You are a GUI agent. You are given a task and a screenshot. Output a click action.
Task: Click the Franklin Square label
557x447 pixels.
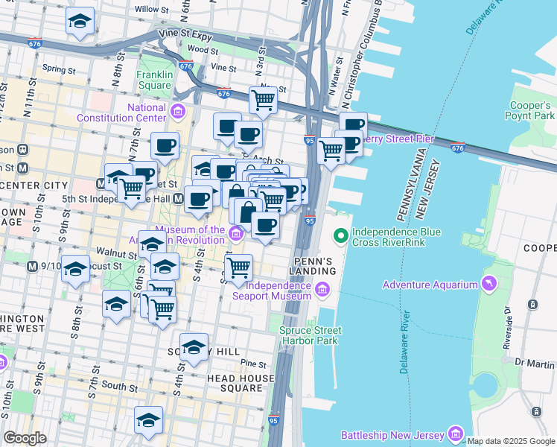(x=155, y=80)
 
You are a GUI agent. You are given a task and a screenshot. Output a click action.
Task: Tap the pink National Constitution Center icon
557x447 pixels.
(x=178, y=112)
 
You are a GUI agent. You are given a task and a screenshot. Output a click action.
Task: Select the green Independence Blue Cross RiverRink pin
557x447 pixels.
(x=341, y=237)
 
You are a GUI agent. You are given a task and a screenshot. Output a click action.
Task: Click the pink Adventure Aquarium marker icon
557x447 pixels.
(x=488, y=284)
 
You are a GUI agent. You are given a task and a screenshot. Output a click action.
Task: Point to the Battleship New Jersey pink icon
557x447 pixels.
(x=456, y=434)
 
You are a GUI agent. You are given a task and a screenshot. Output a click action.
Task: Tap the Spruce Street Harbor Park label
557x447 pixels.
(x=310, y=335)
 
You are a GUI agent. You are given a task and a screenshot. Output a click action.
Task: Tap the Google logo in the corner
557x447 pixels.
(x=25, y=438)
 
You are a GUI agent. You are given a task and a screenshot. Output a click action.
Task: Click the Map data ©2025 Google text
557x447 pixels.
(x=511, y=441)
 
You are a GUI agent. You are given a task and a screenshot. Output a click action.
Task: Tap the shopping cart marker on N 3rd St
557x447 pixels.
(x=263, y=99)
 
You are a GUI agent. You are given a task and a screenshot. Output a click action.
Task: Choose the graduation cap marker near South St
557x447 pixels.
(x=148, y=419)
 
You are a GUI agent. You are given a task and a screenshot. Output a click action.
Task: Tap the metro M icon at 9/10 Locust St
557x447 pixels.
(x=32, y=266)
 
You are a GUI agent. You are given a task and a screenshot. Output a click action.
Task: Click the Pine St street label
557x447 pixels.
(x=254, y=364)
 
